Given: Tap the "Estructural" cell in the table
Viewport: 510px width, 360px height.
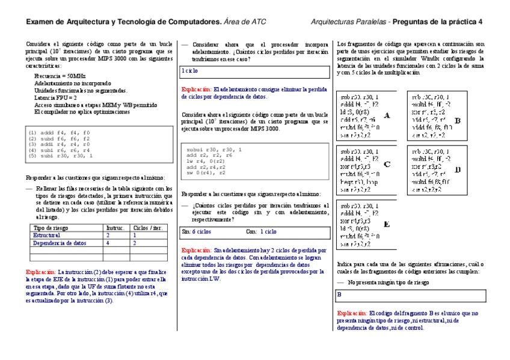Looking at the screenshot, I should point(47,236).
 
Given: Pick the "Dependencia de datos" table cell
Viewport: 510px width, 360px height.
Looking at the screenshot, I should point(59,243).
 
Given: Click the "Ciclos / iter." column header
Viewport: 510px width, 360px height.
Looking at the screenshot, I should point(148,228).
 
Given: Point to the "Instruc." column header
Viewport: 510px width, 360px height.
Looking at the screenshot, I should point(115,228).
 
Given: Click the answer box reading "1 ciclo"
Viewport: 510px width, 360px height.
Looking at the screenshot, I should point(255,72).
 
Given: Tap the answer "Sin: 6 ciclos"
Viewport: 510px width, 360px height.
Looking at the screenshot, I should point(196,231).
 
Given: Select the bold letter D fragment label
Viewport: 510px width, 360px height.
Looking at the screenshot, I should point(458,169).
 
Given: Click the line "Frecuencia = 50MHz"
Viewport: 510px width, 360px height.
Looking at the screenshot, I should point(60,76).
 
